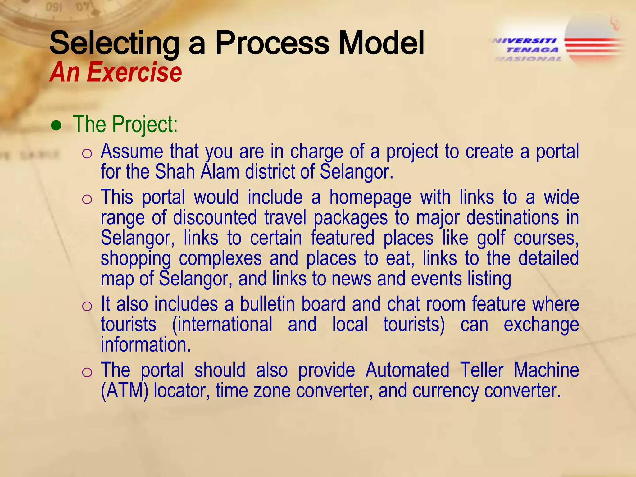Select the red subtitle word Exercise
tap(134, 72)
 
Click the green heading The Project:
tap(125, 124)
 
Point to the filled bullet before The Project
tap(57, 126)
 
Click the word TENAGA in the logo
tap(532, 50)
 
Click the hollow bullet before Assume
tap(87, 154)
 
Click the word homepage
tap(370, 198)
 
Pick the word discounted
tap(215, 217)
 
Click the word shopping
tap(136, 259)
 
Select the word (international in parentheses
tap(222, 324)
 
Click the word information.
tap(146, 345)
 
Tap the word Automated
tap(407, 370)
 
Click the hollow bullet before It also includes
tap(87, 306)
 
